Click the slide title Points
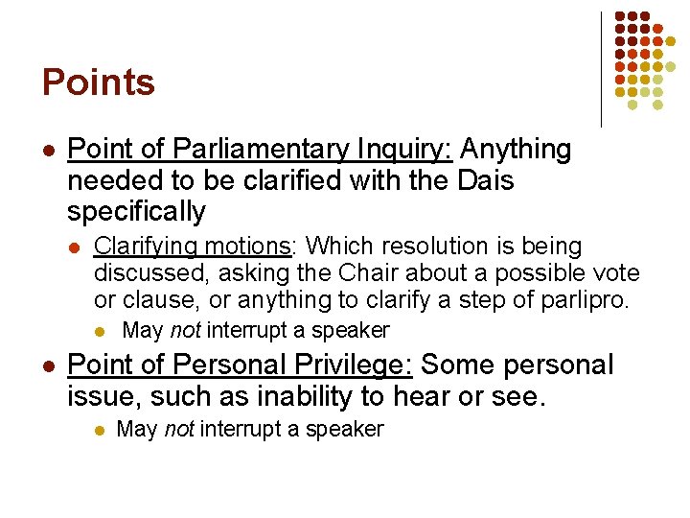tap(98, 82)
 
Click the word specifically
tap(137, 212)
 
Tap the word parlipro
tap(584, 300)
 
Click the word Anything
tap(516, 151)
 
